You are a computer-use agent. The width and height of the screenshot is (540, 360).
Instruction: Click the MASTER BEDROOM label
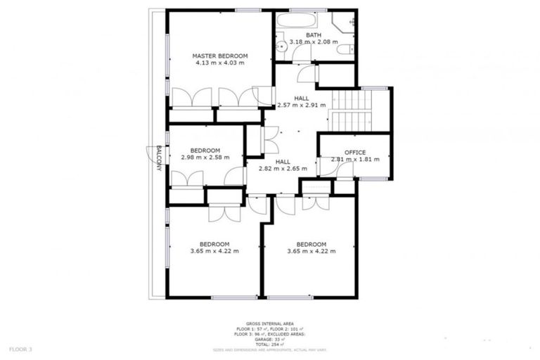[x=220, y=56]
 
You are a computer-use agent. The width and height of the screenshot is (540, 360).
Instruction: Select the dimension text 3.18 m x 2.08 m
[x=313, y=41]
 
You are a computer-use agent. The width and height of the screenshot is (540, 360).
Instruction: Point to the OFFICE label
[x=354, y=153]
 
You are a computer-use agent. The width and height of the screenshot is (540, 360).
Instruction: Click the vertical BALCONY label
[x=159, y=157]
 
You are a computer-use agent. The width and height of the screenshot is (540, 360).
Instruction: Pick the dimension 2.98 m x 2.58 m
[x=205, y=157]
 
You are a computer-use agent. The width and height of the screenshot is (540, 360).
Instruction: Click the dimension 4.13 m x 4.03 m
[x=220, y=63]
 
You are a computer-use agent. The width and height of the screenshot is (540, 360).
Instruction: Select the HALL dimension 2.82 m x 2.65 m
[x=282, y=169]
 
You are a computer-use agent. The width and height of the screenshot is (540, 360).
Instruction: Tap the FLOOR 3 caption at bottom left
[x=22, y=349]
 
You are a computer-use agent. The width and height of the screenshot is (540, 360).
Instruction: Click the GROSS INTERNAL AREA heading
[x=269, y=323]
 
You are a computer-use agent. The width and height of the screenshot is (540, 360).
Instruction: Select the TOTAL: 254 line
[x=269, y=344]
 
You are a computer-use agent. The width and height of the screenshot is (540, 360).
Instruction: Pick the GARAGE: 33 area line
[x=269, y=339]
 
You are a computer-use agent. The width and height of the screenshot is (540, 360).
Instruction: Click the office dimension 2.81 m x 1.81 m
[x=354, y=160]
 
